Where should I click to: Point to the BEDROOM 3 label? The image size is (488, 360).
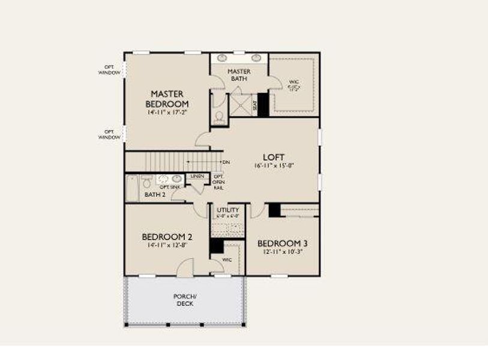282,243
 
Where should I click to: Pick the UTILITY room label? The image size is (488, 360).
228,210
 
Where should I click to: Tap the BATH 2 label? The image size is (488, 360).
154,195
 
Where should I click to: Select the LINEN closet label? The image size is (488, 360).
197,176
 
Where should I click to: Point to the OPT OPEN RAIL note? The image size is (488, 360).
219,182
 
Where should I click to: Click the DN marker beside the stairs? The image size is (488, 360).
226,162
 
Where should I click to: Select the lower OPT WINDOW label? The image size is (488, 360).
109,134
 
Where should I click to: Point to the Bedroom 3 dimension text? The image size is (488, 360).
282,253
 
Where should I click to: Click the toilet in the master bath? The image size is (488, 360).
219,117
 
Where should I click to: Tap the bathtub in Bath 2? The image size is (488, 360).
131,188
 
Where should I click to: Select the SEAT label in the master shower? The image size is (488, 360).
255,106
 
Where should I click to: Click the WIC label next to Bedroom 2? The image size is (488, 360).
227,259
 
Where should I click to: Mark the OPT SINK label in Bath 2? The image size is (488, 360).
169,187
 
